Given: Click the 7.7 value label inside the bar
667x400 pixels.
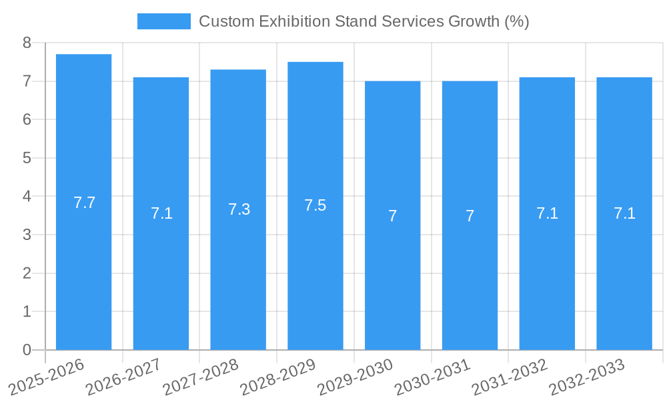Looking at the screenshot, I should (x=85, y=203).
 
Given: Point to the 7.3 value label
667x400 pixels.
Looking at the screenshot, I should (x=239, y=209).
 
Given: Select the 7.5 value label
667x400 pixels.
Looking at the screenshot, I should (x=315, y=205).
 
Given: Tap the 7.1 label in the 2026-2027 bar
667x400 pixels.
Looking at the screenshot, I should (x=161, y=213).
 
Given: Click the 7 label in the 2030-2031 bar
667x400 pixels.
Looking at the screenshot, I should (x=470, y=216).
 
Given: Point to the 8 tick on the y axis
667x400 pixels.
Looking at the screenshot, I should (x=27, y=43).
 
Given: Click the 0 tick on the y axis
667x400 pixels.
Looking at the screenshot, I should (x=27, y=350).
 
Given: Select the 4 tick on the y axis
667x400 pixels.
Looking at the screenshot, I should (x=27, y=197).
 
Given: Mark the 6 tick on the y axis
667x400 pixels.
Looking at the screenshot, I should (x=27, y=120).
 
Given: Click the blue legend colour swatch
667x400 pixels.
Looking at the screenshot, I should (x=163, y=21).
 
